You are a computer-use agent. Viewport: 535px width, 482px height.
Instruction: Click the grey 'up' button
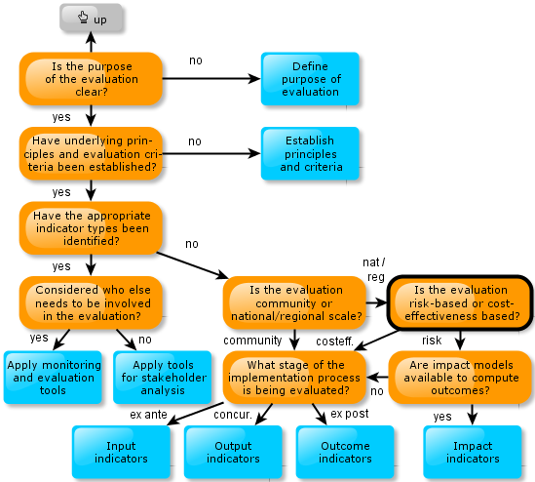tap(91, 18)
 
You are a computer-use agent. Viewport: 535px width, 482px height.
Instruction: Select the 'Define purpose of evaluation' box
tap(310, 79)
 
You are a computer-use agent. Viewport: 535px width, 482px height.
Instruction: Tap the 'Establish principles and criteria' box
tap(310, 153)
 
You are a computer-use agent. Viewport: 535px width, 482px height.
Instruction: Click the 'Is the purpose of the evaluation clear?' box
tap(91, 79)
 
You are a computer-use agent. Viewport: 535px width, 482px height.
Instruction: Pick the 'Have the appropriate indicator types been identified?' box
tap(91, 228)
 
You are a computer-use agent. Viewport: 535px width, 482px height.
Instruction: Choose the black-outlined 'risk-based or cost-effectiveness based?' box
tap(460, 302)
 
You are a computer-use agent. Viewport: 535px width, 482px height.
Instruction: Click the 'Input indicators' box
tap(121, 452)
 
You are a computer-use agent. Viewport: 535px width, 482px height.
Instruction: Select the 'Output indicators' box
tap(233, 452)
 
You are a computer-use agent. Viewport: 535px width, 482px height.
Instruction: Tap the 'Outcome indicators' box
tap(345, 452)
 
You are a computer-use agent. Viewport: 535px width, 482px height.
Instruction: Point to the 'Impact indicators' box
tap(473, 452)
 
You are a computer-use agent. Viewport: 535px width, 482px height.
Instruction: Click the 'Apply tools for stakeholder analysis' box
tap(163, 378)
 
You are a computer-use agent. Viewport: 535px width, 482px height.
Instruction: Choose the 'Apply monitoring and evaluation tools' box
tap(53, 378)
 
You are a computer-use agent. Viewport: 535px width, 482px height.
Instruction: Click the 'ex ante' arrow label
tap(148, 415)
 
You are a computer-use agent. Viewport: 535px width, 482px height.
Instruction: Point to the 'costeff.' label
tap(334, 341)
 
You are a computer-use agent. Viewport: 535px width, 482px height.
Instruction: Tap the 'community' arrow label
tap(252, 341)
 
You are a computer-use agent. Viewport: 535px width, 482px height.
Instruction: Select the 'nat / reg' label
tap(374, 269)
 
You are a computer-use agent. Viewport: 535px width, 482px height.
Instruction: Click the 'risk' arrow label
tap(432, 341)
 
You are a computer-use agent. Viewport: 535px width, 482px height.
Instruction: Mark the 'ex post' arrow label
tap(350, 414)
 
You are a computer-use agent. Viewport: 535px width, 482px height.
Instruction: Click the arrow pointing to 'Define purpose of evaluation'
tap(211, 79)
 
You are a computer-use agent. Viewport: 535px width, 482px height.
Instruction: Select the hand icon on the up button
tap(83, 17)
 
